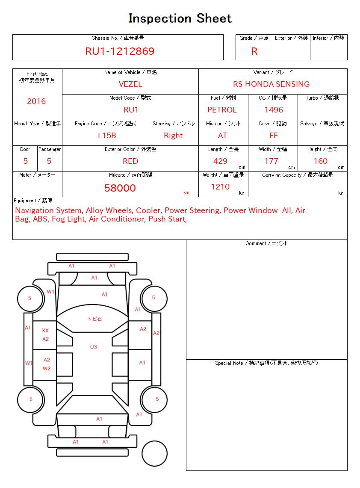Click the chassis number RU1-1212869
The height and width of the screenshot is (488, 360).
[x=120, y=51]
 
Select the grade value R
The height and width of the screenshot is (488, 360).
[x=254, y=51]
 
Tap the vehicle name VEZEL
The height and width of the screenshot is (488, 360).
[x=130, y=84]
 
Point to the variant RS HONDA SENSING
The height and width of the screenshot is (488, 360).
[x=271, y=84]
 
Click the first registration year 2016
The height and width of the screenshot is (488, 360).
[x=36, y=101]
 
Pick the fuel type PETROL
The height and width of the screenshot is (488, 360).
[x=222, y=110]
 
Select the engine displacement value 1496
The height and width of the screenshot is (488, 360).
[x=274, y=110]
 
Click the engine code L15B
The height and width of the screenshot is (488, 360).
[x=107, y=136]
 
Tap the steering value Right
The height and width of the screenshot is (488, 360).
[x=173, y=136]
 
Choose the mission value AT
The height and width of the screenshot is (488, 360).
[x=223, y=136]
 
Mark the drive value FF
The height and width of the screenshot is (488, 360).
[x=274, y=136]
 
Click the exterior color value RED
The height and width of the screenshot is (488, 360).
[x=130, y=161]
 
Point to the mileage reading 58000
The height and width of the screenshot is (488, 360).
[x=120, y=188]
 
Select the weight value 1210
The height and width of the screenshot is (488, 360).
[x=220, y=187]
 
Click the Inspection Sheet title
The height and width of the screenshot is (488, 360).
[x=180, y=18]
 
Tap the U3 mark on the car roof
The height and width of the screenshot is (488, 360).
[x=93, y=347]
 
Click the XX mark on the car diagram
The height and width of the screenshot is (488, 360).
[x=45, y=331]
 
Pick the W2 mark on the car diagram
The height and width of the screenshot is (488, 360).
[x=47, y=368]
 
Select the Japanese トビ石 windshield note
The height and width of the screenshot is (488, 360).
[x=94, y=319]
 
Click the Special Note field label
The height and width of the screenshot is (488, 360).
[x=266, y=363]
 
